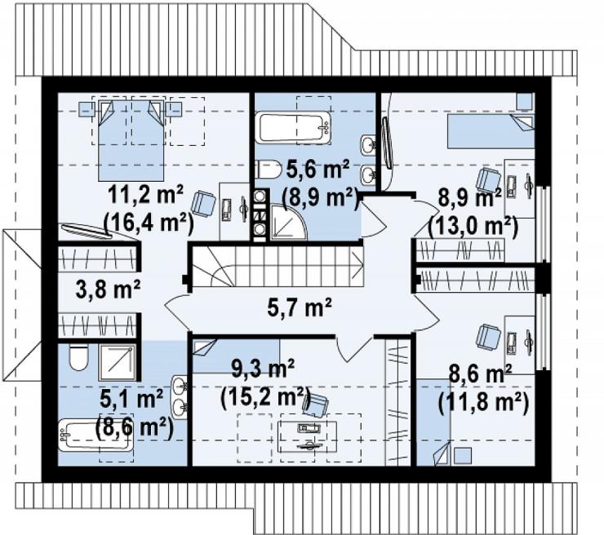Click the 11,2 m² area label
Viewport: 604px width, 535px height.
pos(146,196)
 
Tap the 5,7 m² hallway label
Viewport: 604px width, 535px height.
pos(300,307)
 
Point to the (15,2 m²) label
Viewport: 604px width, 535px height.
pos(266,396)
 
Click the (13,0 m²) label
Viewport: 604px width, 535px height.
pos(473,227)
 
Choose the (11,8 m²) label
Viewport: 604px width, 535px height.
pos(482,403)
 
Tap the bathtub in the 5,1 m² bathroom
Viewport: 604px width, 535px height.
pos(95,436)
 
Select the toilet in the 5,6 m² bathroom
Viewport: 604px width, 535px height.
pos(269,169)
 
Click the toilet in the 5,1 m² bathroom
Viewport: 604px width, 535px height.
pos(79,357)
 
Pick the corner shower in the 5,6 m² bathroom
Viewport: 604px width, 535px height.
pos(288,222)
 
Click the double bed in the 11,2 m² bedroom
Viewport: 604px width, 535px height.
pos(131,140)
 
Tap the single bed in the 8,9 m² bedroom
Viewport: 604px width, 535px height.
pos(491,131)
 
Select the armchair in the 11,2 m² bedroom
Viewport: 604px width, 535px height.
pos(202,203)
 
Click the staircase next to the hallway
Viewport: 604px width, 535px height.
pos(278,267)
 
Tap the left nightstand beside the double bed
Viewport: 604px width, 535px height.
pos(87,109)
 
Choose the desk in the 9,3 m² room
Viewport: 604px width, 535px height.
pos(308,437)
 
